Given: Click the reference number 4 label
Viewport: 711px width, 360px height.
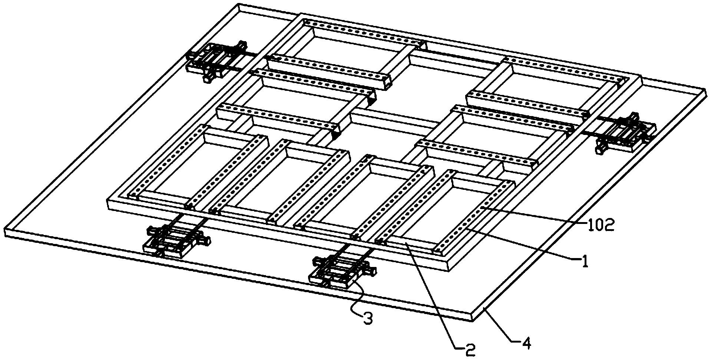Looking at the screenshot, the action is coord(526,344).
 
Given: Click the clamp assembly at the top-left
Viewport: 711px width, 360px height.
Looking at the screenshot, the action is coord(215,60).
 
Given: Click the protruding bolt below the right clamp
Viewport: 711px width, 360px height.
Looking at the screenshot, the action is coord(600,149).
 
